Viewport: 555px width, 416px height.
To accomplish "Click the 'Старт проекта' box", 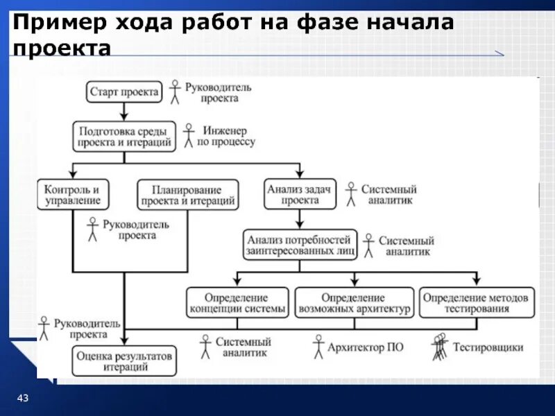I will point(125,92).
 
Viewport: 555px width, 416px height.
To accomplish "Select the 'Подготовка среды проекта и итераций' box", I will point(124,137).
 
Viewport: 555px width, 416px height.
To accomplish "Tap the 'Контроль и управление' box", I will point(73,195).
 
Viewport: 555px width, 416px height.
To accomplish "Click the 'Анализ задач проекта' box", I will point(300,193).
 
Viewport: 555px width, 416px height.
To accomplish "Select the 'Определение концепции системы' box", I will point(237,303).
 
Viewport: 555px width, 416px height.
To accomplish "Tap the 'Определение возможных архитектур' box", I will point(354,303).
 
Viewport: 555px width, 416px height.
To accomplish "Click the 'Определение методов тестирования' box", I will point(476,303).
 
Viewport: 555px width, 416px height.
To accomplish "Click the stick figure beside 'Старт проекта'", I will point(175,92).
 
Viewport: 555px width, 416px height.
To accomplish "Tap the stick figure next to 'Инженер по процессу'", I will point(188,136).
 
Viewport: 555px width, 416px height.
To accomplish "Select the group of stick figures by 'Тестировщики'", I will point(439,347).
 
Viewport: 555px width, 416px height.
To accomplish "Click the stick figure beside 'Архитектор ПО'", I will point(318,347).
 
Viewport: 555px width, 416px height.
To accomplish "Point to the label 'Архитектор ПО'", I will point(366,347).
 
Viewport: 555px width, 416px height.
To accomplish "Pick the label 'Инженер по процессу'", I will point(226,136).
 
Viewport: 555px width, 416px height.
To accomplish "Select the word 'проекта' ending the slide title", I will point(61,49).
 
